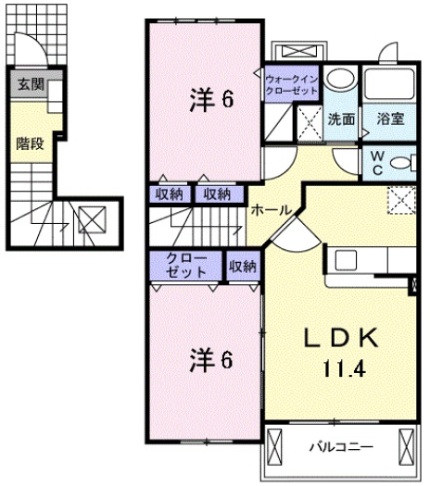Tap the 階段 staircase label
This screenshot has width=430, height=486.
[x=29, y=143]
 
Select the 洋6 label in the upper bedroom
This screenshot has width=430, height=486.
[x=211, y=100]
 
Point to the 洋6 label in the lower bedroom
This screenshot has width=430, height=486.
[x=211, y=356]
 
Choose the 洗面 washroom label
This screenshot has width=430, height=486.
[x=340, y=118]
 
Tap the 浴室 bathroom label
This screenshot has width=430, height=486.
[x=389, y=118]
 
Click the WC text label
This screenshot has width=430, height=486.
[x=377, y=164]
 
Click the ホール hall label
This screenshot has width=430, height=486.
[x=271, y=210]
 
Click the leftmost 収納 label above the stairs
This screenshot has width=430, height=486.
[x=169, y=193]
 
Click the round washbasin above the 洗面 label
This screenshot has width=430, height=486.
[x=340, y=81]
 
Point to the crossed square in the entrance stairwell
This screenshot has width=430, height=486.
[x=92, y=220]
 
